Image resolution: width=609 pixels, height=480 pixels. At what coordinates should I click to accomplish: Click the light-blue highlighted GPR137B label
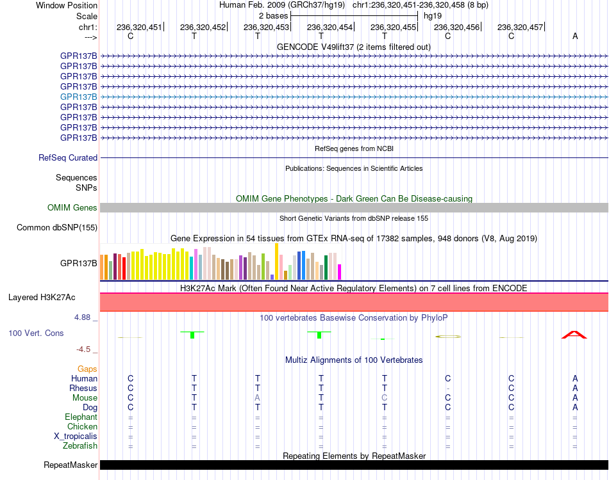tap(78, 97)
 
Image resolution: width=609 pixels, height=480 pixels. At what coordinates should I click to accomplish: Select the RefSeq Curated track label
tap(68, 158)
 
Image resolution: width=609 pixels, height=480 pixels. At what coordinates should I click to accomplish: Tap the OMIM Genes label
tap(72, 208)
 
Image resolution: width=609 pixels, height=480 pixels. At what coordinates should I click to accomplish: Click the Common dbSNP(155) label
tap(57, 228)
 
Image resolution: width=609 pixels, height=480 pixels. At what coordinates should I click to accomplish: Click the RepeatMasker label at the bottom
tap(71, 465)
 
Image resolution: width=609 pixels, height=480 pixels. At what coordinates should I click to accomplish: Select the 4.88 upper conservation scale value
tap(82, 317)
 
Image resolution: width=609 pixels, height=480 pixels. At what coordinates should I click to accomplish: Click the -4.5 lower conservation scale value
tap(83, 349)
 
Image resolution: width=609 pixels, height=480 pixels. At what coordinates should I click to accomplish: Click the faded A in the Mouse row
tap(258, 398)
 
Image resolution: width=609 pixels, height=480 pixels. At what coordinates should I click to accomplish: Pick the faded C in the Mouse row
tap(385, 398)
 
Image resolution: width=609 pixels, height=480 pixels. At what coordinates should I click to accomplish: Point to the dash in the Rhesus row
tap(448, 388)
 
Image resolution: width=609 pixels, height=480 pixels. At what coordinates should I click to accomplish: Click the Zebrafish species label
tap(80, 446)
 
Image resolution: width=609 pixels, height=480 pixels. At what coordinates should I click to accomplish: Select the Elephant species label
tap(81, 417)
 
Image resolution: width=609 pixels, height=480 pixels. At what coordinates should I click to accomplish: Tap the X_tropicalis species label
tap(76, 436)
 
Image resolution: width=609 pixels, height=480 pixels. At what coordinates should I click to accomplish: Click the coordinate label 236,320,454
tap(330, 27)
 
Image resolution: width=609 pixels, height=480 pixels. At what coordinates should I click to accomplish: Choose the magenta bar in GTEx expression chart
tap(340, 272)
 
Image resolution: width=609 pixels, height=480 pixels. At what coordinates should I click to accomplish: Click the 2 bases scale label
tap(274, 16)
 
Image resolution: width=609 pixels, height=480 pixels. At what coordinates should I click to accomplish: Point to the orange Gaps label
tap(87, 369)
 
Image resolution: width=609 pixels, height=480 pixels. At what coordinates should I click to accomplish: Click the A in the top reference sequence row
tap(575, 36)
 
